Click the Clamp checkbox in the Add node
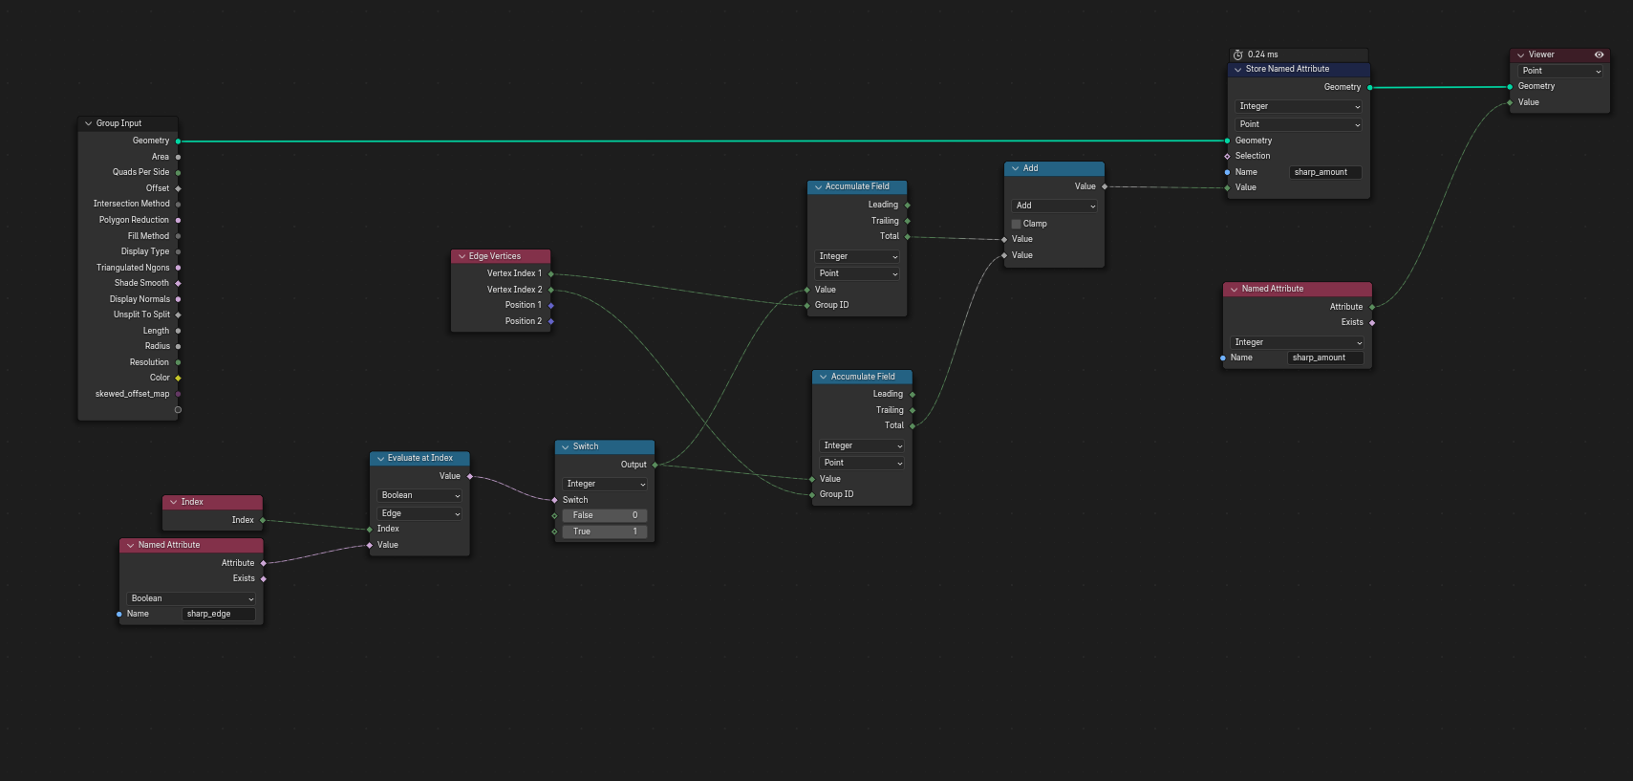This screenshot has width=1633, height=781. point(1017,224)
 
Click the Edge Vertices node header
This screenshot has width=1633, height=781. point(501,256)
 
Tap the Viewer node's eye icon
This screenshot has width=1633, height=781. point(1599,54)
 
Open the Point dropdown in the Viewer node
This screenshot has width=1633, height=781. point(1560,71)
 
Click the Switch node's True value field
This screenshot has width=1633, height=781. point(604,532)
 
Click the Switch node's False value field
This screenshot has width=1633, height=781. point(604,515)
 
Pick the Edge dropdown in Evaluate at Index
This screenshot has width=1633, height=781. point(419,513)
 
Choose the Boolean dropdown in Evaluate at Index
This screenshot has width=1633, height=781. point(419,495)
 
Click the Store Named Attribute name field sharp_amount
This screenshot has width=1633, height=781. point(1325,172)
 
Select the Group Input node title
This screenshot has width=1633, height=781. point(118,123)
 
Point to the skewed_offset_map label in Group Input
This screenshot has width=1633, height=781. point(132,394)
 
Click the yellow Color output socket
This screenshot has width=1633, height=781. point(178,378)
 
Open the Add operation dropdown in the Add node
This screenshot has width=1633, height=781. point(1054,206)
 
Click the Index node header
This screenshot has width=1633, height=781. point(212,502)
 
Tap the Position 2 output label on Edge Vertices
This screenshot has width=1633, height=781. point(524,321)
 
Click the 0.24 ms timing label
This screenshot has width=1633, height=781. point(1262,54)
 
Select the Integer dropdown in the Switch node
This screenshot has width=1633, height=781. point(604,484)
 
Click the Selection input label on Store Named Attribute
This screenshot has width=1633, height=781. point(1253,156)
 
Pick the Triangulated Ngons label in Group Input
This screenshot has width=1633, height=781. point(133,268)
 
